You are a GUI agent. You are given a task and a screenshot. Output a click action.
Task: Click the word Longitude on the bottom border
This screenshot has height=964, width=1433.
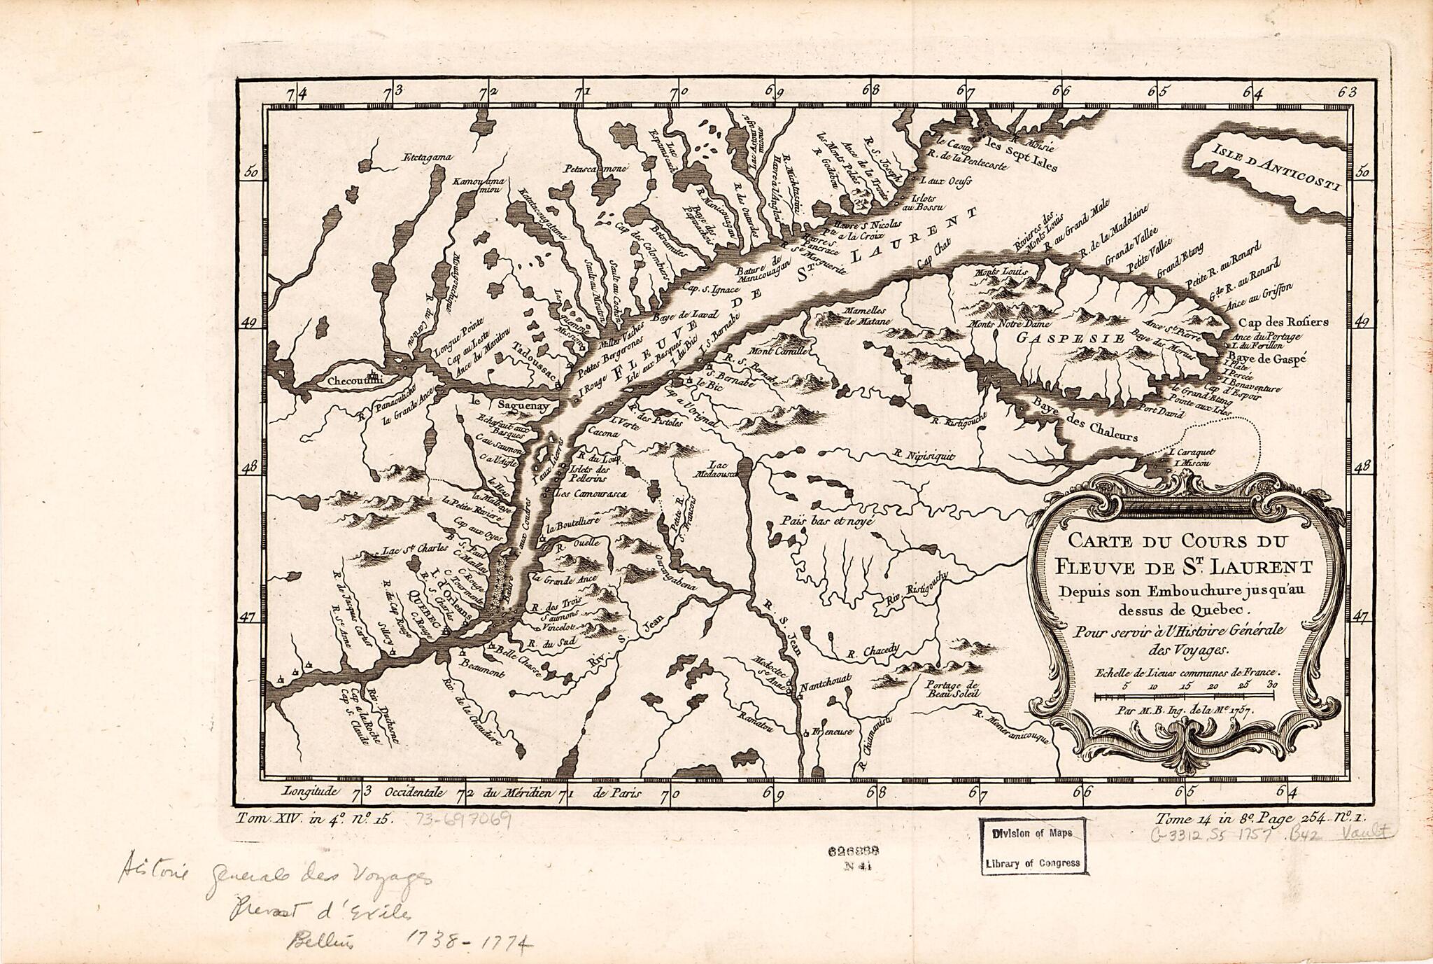coord(310,792)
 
